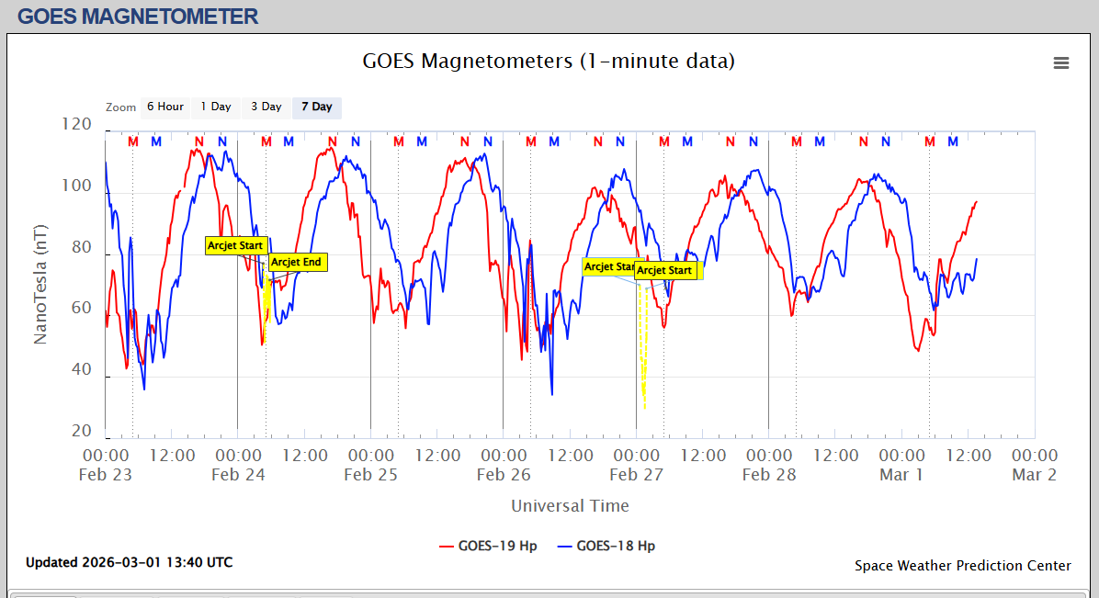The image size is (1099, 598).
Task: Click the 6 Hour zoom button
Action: point(165,107)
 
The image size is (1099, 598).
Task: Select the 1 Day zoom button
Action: point(216,107)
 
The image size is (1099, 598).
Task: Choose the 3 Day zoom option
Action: point(266,107)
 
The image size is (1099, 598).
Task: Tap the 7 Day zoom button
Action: point(317,107)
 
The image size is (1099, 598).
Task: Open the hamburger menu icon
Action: point(1061,62)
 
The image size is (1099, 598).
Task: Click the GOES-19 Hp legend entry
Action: point(488,546)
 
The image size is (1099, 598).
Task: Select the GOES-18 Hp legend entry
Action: point(606,546)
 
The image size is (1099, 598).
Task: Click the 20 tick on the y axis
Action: point(82,432)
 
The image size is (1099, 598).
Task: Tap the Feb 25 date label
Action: point(370,475)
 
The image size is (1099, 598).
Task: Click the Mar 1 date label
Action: point(901,475)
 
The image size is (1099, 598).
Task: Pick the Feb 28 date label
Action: point(769,475)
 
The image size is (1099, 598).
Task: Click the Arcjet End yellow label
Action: point(297,263)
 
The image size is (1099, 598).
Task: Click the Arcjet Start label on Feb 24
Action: point(235,245)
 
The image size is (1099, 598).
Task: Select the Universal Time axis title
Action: point(570,506)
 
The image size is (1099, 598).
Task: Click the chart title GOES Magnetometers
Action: point(549,62)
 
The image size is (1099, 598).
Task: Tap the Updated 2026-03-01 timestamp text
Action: point(129,562)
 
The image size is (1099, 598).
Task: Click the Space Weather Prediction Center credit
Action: point(962,566)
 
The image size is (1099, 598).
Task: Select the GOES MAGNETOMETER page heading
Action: point(138,17)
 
